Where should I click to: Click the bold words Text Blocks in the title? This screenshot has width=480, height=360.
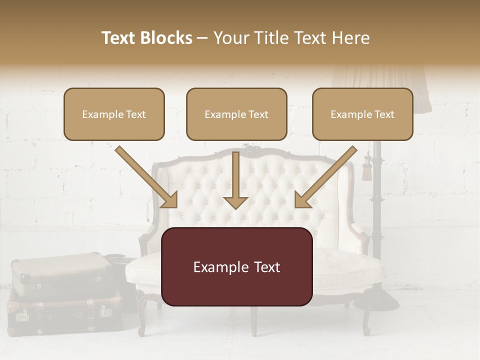point(146,38)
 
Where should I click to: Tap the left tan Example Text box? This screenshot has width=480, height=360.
point(114,114)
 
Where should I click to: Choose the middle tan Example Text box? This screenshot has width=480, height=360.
point(236,114)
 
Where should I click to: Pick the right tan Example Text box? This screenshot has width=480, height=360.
point(362,114)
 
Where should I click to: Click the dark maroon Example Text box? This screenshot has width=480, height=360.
point(236,266)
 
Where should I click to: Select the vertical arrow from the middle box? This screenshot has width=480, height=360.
point(236,180)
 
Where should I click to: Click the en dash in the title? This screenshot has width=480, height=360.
point(202,38)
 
